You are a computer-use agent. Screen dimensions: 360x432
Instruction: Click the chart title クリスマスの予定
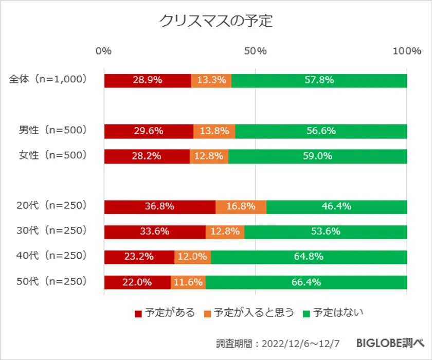[x=215, y=21]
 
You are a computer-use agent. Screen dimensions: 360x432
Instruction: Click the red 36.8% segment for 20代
[x=159, y=207]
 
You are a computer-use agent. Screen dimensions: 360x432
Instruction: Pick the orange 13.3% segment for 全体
[x=211, y=81]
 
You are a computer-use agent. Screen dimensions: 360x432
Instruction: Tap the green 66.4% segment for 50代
[x=307, y=282]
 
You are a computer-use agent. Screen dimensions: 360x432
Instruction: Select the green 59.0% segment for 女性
[x=317, y=156]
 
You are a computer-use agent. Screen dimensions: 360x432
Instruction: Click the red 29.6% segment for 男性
[x=149, y=131]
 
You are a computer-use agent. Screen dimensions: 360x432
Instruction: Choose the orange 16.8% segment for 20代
[x=241, y=207]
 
